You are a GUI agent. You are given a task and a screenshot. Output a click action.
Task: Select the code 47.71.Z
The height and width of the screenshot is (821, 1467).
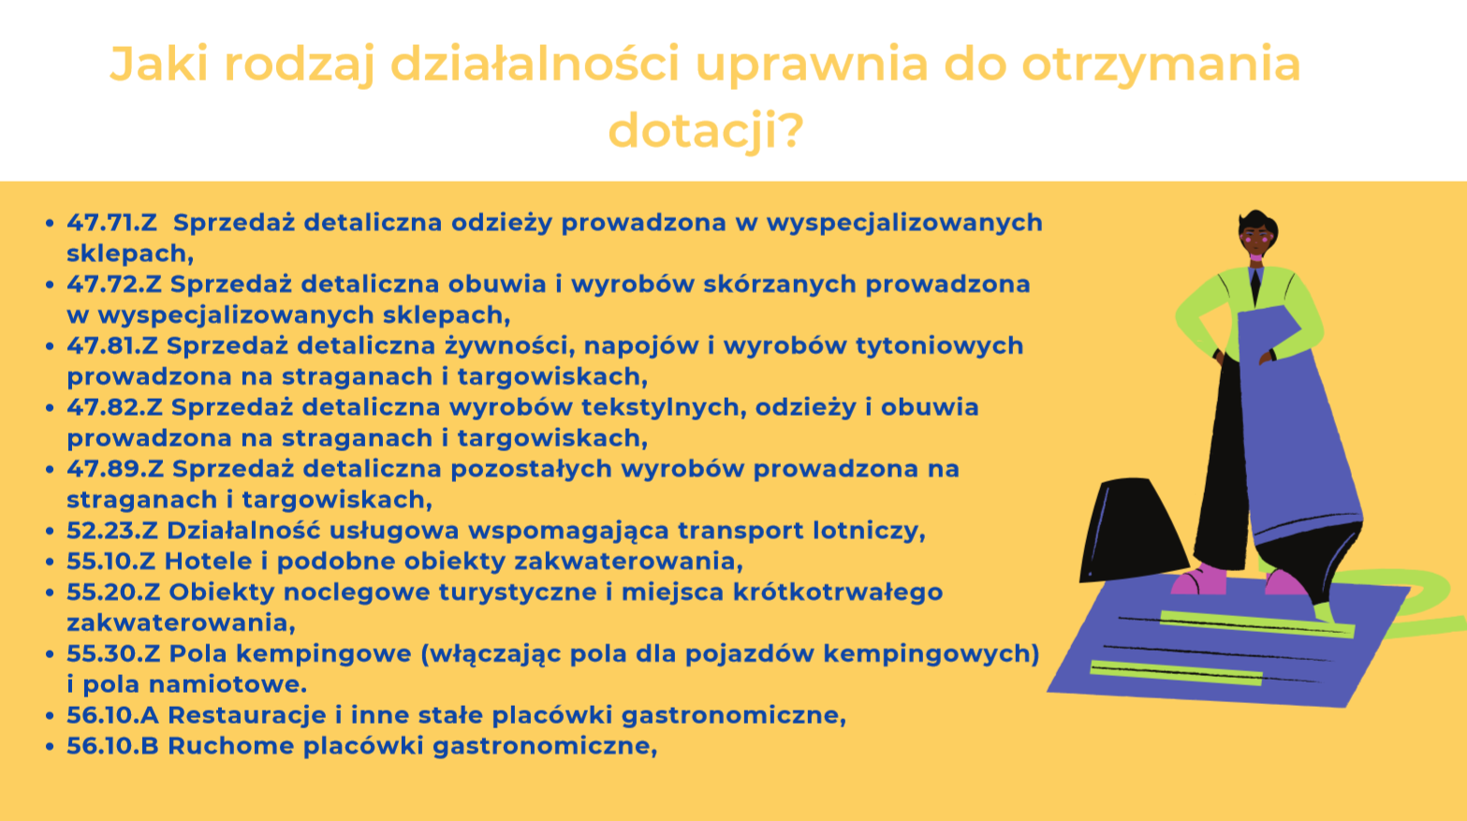tap(112, 223)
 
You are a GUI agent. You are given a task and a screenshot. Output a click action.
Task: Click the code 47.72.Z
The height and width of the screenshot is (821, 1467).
tap(114, 285)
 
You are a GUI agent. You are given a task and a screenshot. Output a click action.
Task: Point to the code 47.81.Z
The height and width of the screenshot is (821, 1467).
tap(112, 345)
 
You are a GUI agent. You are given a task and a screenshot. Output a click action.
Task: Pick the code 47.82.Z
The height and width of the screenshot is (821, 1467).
tap(114, 407)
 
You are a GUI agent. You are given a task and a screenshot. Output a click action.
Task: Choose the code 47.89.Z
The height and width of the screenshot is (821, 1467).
tap(115, 469)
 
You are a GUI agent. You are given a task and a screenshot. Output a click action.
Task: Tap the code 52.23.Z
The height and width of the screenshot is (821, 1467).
tap(112, 530)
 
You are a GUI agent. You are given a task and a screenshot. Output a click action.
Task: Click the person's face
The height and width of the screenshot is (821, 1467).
tap(1256, 239)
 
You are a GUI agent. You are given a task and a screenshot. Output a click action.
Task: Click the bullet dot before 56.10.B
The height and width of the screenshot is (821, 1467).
tap(50, 746)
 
